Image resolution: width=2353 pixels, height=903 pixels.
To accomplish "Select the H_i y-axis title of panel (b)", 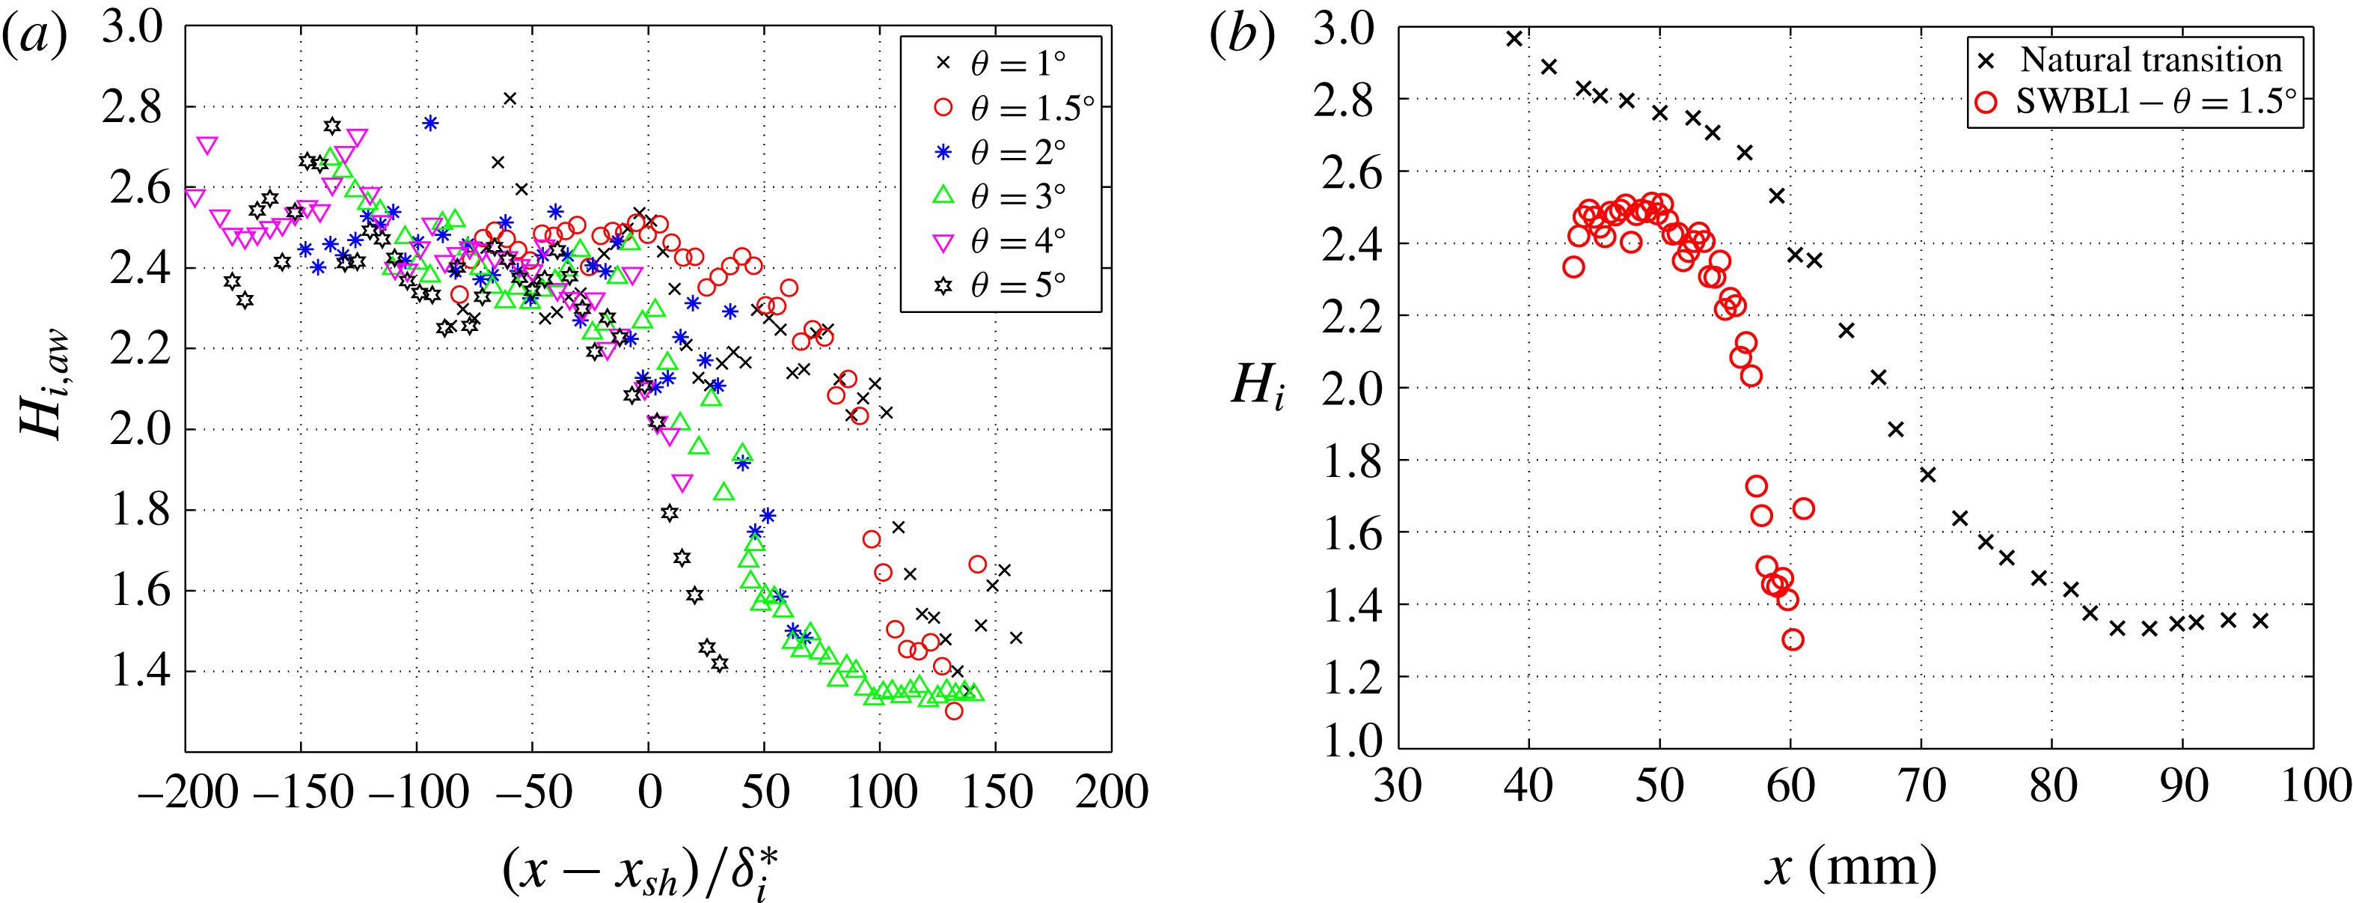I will pos(1258,384).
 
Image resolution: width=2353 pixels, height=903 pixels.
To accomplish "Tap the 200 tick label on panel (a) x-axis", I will pos(1112,791).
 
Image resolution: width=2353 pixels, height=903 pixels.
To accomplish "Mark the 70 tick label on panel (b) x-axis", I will pos(1922,786).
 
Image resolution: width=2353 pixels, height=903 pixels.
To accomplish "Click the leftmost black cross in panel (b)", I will pos(1514,38).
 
